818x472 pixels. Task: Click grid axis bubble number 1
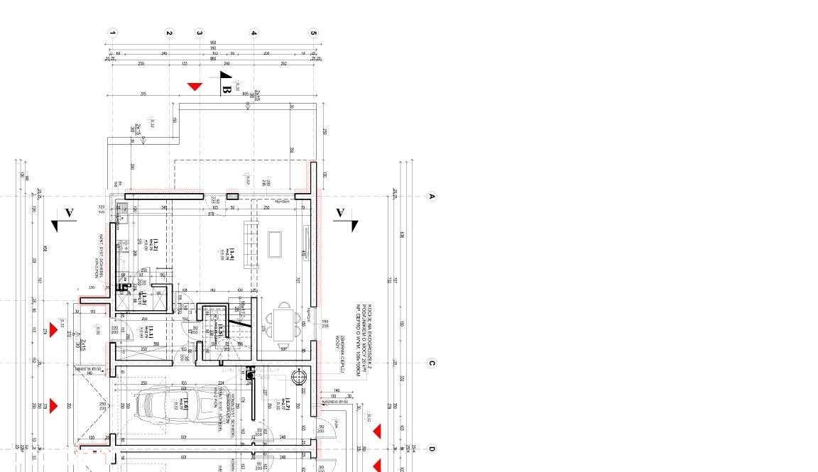(112, 33)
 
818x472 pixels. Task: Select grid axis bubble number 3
(200, 33)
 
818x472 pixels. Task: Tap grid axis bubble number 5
(313, 33)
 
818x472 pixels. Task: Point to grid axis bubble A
(431, 197)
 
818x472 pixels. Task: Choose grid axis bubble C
(431, 363)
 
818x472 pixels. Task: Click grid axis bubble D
(431, 449)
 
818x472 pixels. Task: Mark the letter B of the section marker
(227, 90)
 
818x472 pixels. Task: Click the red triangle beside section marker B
(195, 87)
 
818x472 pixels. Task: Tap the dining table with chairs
(285, 323)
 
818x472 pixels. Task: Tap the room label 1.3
(144, 298)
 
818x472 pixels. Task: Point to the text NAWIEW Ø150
(334, 402)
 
